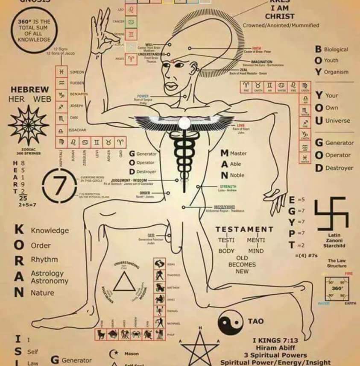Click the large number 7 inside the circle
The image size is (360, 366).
tap(61, 185)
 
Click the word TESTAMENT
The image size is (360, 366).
tap(244, 230)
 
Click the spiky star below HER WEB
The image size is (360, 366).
tap(29, 124)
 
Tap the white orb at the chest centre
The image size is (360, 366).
tap(184, 123)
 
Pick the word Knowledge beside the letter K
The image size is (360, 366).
tap(50, 230)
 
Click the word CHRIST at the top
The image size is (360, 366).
tap(280, 16)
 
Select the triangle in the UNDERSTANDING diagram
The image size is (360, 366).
tap(125, 283)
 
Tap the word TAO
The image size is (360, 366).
tap(256, 321)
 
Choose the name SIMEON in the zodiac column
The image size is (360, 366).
tap(77, 72)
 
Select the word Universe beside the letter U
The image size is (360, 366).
tap(337, 121)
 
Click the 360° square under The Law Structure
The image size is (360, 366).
tap(337, 289)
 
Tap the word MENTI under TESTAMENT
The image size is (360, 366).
tap(256, 240)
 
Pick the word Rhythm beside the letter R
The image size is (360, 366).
tap(44, 260)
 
